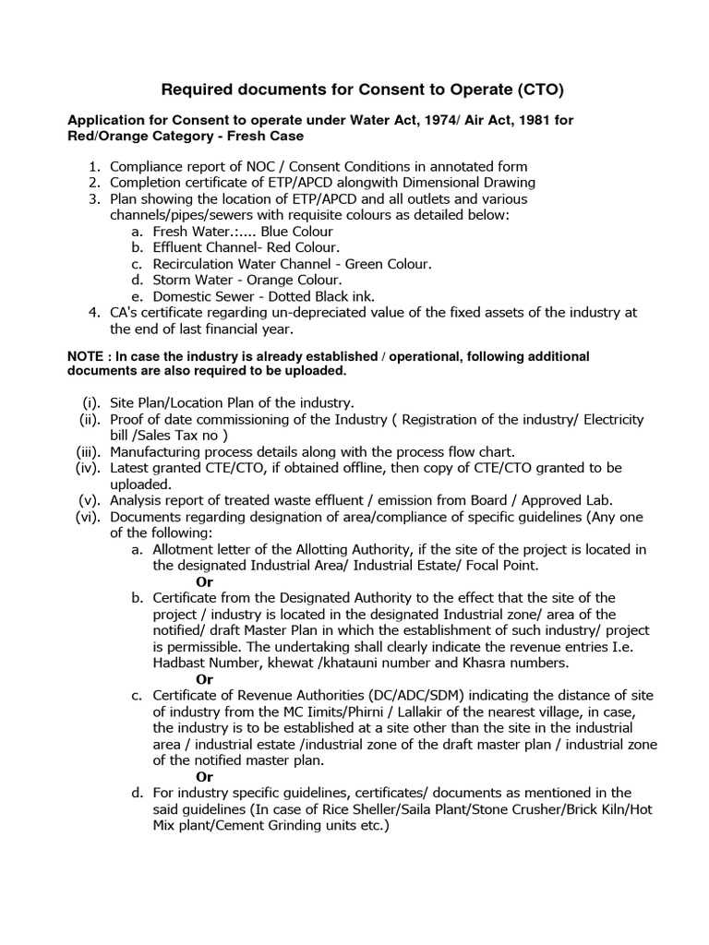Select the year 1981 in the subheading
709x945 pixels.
[545, 122]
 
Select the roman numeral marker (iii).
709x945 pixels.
[90, 452]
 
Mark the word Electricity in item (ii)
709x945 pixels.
[608, 420]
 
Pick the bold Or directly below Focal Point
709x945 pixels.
[205, 581]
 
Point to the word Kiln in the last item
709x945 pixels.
[602, 808]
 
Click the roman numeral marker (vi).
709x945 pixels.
[90, 517]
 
